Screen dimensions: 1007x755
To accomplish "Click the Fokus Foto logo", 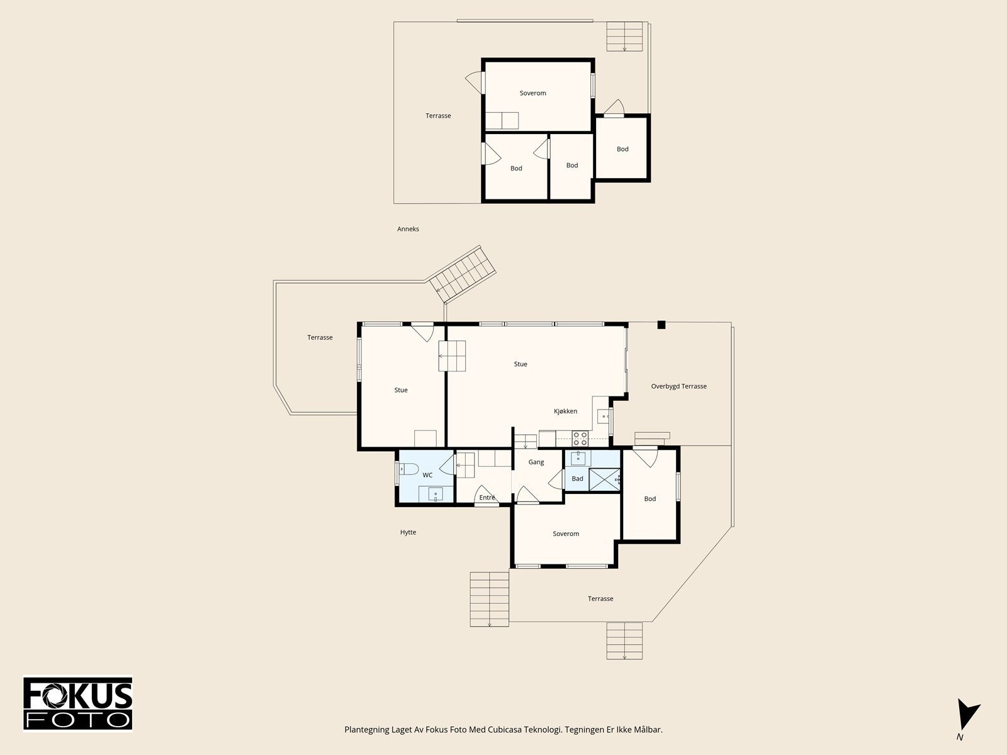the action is (x=77, y=703).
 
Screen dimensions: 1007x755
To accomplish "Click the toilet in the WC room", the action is (x=408, y=469).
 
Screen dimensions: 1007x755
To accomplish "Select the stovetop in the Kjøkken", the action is (x=580, y=439).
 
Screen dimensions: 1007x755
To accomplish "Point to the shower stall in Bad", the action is (x=605, y=479).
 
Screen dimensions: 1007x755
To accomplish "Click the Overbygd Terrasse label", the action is (x=678, y=386).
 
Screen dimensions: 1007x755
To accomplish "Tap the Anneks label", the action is (x=408, y=229).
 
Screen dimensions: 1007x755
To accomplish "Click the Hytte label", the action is (x=408, y=532).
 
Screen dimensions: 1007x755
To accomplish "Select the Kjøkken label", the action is (x=565, y=411).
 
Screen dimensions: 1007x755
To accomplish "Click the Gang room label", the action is (x=536, y=462).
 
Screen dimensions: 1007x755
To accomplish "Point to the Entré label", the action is (x=487, y=498).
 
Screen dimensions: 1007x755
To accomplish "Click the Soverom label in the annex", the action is (x=532, y=93).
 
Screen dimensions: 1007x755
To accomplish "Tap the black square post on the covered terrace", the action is (x=661, y=325).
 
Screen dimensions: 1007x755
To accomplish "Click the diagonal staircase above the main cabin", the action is (x=462, y=274).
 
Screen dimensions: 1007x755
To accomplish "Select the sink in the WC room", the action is (x=436, y=494).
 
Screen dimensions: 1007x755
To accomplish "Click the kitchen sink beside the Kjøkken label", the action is (x=603, y=417).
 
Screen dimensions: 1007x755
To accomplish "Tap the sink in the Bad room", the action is (x=578, y=458).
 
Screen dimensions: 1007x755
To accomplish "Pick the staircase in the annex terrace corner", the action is (x=624, y=36).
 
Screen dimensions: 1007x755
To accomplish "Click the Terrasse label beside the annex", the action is (x=438, y=116).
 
